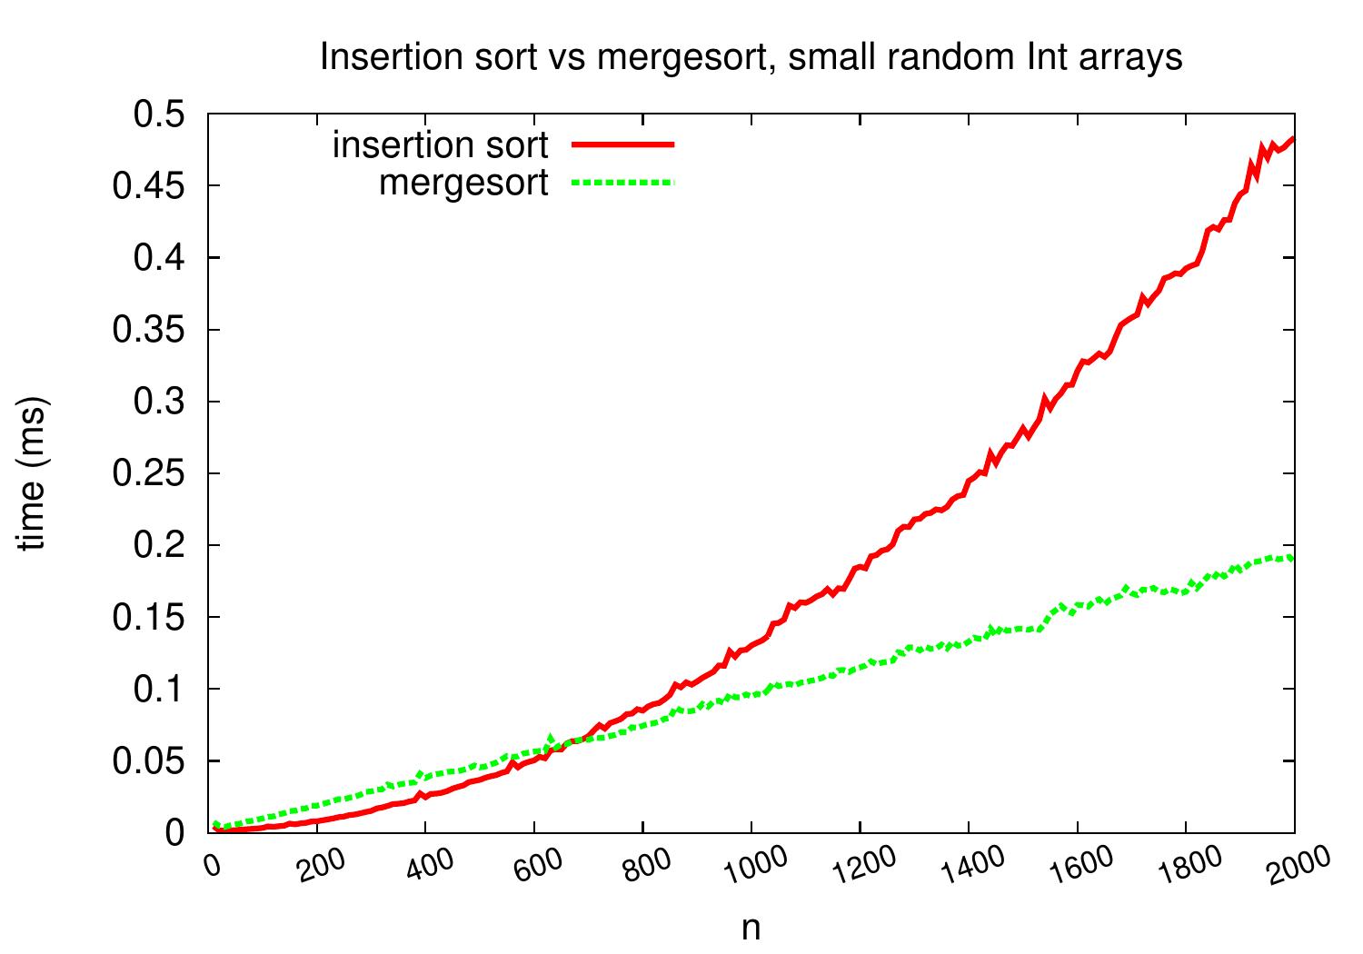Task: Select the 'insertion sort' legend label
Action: click(441, 144)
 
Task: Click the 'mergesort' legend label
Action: click(463, 183)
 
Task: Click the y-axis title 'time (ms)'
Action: click(34, 473)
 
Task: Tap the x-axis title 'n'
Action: click(751, 928)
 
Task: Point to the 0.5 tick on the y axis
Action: click(159, 114)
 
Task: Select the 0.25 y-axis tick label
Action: click(148, 473)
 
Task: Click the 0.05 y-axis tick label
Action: click(148, 760)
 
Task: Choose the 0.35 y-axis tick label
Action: click(148, 330)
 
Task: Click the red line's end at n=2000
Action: click(1293, 139)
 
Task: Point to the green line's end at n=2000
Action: click(1293, 557)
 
